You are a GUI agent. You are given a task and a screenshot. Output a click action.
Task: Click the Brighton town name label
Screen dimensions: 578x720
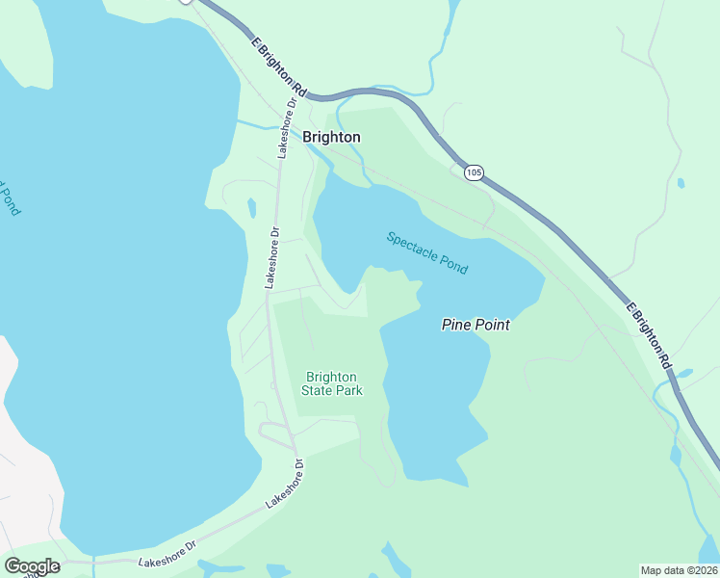(331, 137)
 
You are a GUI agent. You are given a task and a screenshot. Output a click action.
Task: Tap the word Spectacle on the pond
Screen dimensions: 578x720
(411, 245)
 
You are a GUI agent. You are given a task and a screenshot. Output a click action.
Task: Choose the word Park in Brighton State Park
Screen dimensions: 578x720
(347, 390)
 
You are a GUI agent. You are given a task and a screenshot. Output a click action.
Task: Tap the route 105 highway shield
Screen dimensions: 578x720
(473, 172)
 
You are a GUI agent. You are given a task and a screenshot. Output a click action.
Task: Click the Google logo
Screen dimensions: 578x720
(32, 566)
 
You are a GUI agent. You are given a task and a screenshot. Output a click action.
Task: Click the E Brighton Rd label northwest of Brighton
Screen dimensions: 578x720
(278, 67)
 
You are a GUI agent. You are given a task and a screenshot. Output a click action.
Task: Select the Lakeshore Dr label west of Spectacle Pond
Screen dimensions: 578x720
(272, 258)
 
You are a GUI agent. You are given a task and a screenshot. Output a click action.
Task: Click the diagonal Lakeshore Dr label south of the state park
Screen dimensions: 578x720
(285, 484)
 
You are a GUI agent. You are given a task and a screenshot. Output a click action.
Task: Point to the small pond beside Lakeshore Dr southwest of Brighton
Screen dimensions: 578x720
(251, 207)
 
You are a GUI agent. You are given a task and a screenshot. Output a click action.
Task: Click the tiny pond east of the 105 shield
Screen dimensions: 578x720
(681, 182)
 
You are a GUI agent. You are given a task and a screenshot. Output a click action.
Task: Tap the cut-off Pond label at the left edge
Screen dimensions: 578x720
(9, 198)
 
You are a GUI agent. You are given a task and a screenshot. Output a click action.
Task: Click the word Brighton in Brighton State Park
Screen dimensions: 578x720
(331, 377)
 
